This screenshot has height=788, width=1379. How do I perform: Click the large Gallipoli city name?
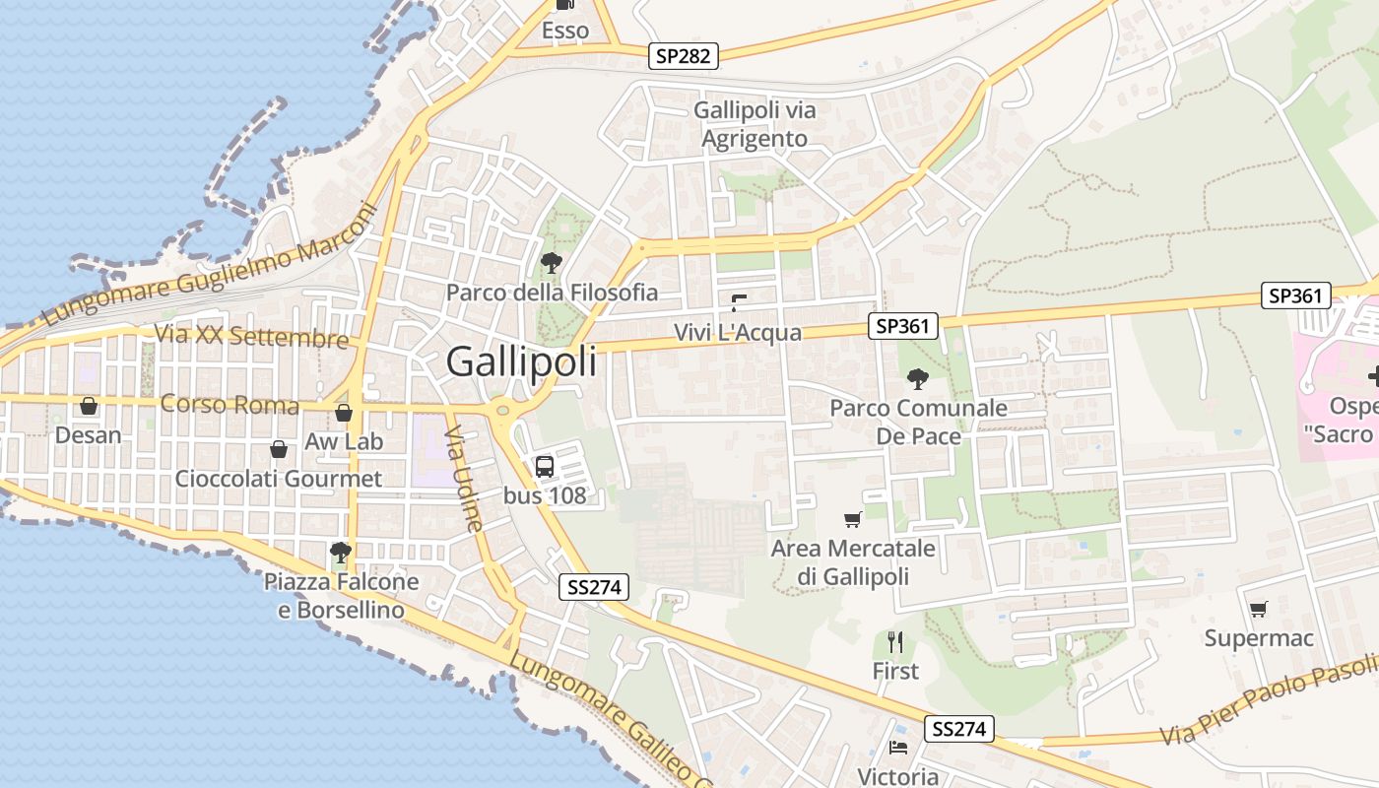point(521,361)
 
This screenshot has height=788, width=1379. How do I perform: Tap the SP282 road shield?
point(684,56)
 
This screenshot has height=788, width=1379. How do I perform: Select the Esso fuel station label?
point(565,31)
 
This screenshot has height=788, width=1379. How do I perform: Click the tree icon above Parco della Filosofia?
point(552,263)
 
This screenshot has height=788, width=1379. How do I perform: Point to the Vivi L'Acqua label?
point(738,333)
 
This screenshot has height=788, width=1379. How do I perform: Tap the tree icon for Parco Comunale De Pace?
point(917,378)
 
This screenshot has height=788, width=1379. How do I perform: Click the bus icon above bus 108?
point(545,467)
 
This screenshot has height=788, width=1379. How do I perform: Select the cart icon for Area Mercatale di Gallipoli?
point(853,519)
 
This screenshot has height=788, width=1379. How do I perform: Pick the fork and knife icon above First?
point(895,642)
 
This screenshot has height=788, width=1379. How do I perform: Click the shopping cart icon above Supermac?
point(1258,609)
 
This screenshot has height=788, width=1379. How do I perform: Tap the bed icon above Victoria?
point(897,748)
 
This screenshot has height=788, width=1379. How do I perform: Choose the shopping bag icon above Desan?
point(89,406)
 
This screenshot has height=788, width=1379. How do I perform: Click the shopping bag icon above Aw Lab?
point(343,413)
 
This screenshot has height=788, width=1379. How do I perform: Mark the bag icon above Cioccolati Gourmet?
point(279,449)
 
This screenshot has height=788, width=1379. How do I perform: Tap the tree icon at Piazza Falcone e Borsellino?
point(341,552)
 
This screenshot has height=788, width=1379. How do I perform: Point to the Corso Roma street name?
point(230,405)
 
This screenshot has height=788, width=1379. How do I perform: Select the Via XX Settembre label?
point(251,336)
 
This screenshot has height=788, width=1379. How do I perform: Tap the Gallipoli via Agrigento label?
point(755,124)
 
